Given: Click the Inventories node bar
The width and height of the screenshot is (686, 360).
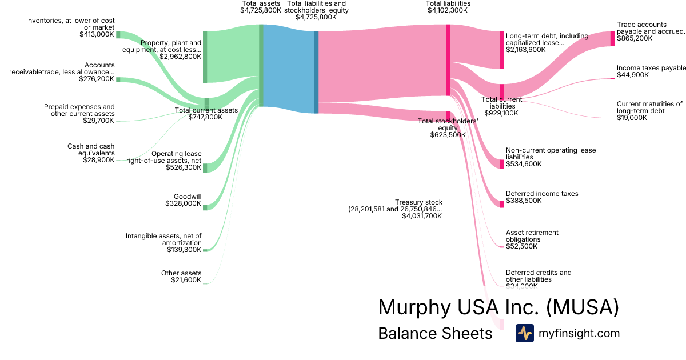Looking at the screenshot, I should (118, 35).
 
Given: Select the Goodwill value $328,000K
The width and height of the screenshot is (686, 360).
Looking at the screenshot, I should (183, 203).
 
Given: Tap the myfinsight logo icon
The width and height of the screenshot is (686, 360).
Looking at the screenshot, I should (525, 333).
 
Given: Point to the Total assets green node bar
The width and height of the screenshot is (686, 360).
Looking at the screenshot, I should (261, 65).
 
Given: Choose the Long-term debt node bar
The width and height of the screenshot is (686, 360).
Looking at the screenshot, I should (501, 50).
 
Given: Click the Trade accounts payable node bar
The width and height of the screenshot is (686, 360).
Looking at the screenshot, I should (612, 38).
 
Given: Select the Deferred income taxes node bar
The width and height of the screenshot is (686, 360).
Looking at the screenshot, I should (501, 204).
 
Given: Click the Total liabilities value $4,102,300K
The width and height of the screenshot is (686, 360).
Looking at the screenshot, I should (448, 10).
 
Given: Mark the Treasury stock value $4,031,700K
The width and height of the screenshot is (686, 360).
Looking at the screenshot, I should (422, 216).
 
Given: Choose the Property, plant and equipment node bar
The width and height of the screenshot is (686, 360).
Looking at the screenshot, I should (205, 57).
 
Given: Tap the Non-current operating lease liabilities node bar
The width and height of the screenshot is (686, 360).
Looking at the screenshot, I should (501, 164).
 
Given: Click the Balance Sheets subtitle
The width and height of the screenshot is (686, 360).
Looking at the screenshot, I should (435, 333).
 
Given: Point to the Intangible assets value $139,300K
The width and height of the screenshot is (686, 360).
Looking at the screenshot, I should (184, 250).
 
